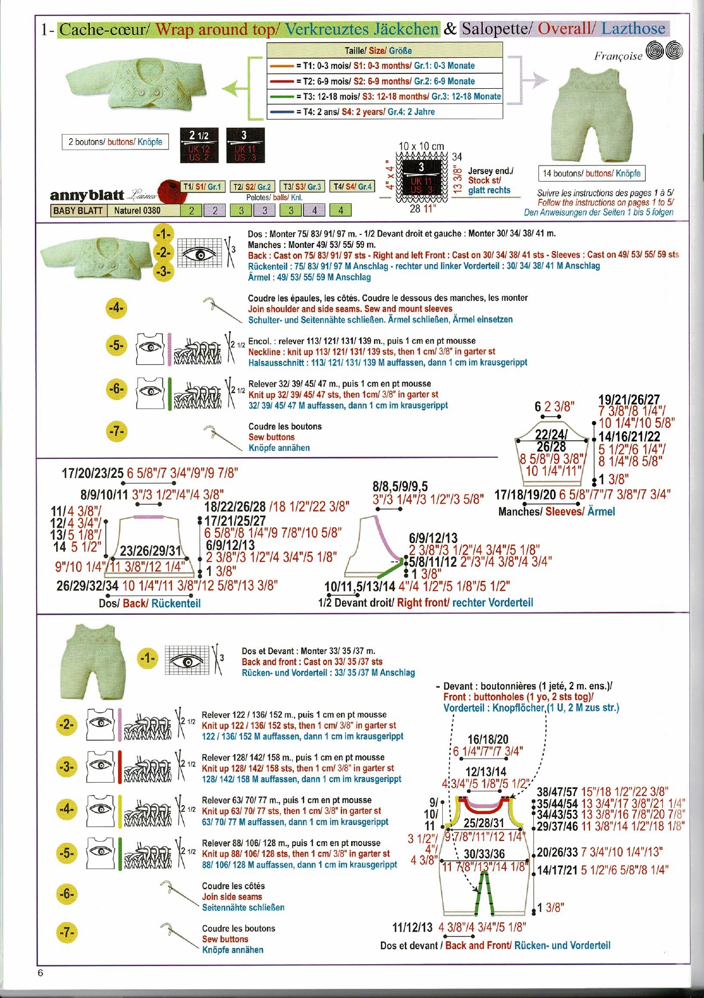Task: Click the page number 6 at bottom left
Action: [x=40, y=972]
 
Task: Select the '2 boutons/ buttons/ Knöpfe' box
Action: [x=115, y=142]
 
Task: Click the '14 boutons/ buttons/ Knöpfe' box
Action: [x=592, y=173]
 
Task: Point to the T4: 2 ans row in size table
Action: [x=384, y=112]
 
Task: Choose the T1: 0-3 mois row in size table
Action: [x=384, y=66]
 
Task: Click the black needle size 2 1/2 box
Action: [x=199, y=146]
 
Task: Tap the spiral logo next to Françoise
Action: [x=664, y=52]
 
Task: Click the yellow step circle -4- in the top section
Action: [x=116, y=308]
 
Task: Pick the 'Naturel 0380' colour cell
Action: [x=137, y=210]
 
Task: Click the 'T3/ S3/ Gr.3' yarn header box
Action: [x=302, y=187]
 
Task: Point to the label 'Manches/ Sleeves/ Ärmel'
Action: [x=556, y=512]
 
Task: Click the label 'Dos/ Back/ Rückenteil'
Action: [x=150, y=603]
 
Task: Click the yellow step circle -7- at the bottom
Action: [x=67, y=933]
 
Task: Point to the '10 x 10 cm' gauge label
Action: [x=421, y=147]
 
